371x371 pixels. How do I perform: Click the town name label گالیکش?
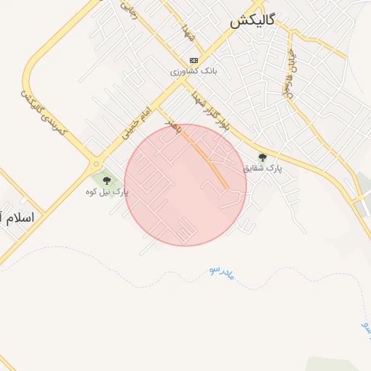[x=252, y=21]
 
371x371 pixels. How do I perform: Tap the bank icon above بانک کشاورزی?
[x=193, y=60]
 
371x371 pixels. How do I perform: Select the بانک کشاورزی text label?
[x=193, y=72]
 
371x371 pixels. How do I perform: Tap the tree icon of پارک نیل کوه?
[x=107, y=180]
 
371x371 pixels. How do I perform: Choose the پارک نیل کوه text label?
[x=107, y=192]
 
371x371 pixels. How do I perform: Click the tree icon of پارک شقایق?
[x=262, y=157]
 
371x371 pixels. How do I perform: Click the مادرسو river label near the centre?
[x=222, y=273]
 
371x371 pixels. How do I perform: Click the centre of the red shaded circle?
[x=185, y=185]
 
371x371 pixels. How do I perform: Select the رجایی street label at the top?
[x=130, y=11]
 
